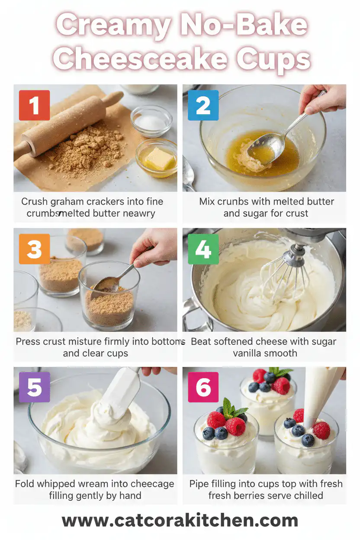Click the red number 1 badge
point(34,105)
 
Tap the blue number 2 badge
point(203,105)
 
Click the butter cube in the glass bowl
point(158,159)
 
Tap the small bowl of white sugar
point(151,122)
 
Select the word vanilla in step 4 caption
point(253,353)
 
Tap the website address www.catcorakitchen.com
point(180,521)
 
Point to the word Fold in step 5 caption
point(25,484)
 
